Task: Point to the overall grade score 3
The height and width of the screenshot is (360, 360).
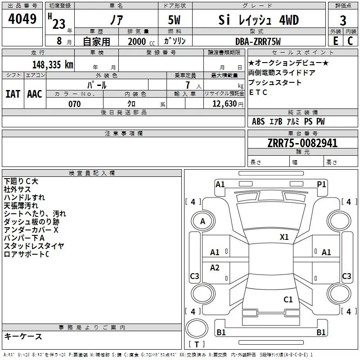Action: click(343, 20)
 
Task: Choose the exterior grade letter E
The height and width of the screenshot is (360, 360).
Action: click(335, 41)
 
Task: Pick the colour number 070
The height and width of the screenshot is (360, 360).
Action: click(74, 104)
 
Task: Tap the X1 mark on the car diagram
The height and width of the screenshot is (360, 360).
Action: click(284, 237)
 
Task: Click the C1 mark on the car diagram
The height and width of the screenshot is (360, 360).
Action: click(288, 299)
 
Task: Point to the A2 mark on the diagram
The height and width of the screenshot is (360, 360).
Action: click(215, 268)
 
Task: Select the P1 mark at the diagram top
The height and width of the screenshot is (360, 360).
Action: click(321, 184)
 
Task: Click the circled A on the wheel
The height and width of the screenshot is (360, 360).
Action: click(203, 221)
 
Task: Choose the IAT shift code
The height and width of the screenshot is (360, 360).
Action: click(13, 94)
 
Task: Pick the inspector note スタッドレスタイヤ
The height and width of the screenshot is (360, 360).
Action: click(34, 246)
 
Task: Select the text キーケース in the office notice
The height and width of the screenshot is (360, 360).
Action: click(23, 337)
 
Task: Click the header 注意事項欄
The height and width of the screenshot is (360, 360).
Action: click(123, 134)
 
